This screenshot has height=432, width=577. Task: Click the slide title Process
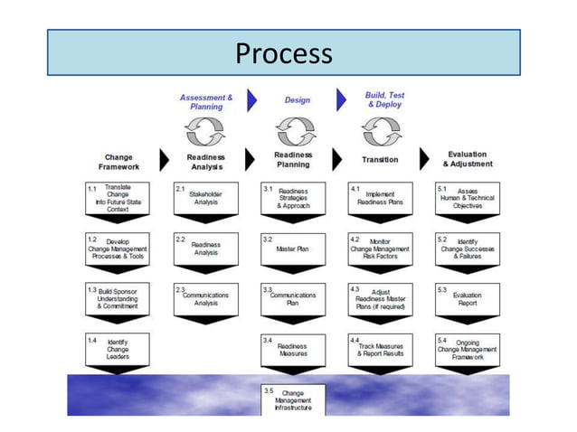(x=283, y=53)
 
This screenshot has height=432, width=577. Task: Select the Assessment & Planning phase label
(x=206, y=101)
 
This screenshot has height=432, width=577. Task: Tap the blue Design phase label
(x=297, y=100)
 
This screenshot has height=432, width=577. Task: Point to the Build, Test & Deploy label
(x=384, y=99)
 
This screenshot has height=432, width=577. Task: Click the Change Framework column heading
(x=118, y=161)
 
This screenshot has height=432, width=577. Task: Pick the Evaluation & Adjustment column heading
(x=468, y=159)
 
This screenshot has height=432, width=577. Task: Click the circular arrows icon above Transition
(x=381, y=131)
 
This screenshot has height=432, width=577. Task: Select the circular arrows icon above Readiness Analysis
(x=205, y=131)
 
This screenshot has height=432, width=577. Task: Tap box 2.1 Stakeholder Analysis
(x=205, y=197)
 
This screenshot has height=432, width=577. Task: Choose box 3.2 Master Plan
(x=293, y=248)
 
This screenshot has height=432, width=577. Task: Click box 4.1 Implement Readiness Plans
(x=380, y=198)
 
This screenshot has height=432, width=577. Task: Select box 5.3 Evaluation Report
(x=467, y=299)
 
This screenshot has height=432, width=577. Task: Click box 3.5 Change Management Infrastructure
(x=292, y=399)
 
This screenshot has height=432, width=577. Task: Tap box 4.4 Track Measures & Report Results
(x=380, y=349)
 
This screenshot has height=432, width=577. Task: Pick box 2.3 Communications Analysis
(x=205, y=299)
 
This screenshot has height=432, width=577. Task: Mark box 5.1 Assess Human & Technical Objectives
(x=467, y=198)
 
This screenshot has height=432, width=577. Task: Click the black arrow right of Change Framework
(x=164, y=160)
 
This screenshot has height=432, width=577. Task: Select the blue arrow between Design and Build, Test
(x=342, y=99)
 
